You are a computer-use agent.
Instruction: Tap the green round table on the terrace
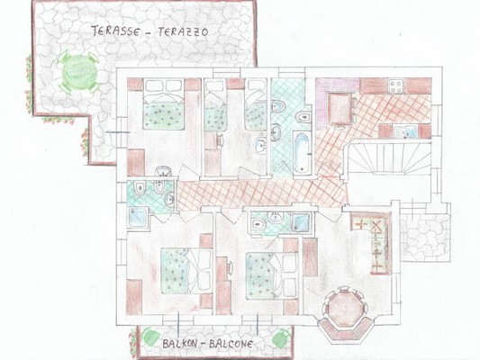pyautogui.click(x=78, y=69)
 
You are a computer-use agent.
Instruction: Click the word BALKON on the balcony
pyautogui.click(x=180, y=345)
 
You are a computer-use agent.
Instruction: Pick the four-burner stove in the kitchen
pyautogui.click(x=395, y=86)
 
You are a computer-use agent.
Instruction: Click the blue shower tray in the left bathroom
pyautogui.click(x=139, y=217)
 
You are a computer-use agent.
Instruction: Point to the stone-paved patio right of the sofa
pyautogui.click(x=422, y=231)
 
